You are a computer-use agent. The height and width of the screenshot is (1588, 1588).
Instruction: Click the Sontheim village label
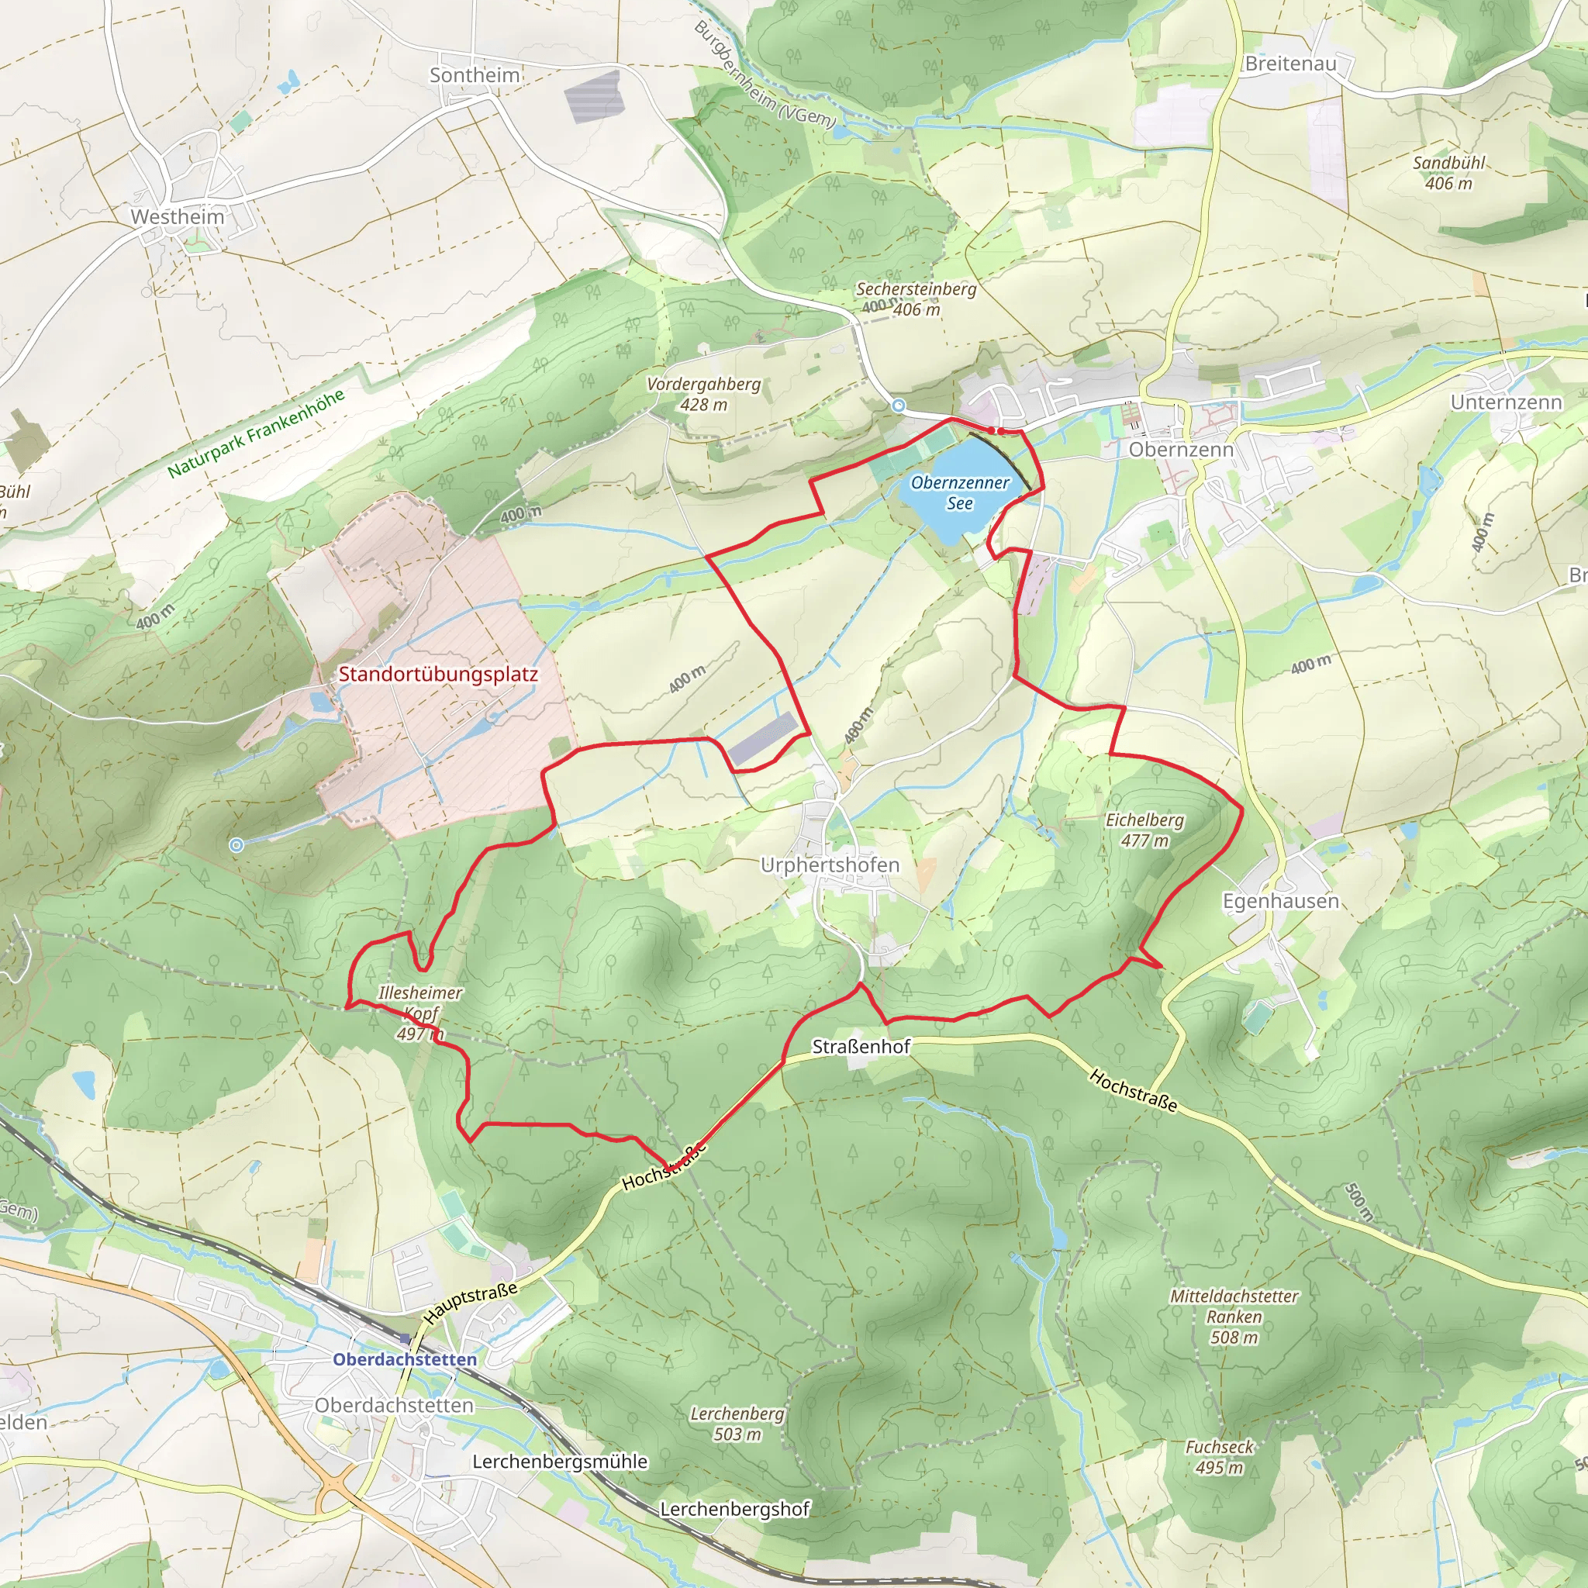[475, 76]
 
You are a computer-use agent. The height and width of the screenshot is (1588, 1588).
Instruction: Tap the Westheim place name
[178, 217]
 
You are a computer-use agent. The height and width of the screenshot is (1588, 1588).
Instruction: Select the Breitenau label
[1290, 64]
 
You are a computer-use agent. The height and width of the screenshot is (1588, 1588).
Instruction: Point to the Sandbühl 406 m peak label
[1448, 174]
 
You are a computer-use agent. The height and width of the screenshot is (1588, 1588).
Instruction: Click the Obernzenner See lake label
[960, 493]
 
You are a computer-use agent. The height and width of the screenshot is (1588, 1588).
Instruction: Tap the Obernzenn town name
[1181, 450]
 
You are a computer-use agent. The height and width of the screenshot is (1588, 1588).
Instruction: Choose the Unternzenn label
[1506, 402]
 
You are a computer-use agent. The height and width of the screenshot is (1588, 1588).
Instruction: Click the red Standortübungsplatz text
[438, 674]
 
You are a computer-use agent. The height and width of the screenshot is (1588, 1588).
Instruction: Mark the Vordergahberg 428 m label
[703, 394]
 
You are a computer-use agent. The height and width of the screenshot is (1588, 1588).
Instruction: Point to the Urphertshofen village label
[830, 865]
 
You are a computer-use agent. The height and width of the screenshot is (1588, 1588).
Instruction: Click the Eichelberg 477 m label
[1144, 830]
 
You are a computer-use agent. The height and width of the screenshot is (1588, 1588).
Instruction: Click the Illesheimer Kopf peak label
[420, 1003]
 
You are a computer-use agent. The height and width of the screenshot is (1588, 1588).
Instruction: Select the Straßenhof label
[861, 1046]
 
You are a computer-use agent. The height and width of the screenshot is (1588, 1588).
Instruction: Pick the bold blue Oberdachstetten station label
[405, 1359]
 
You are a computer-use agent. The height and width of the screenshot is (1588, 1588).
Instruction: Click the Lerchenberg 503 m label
[737, 1424]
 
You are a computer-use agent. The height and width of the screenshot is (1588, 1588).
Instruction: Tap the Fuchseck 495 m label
[1219, 1456]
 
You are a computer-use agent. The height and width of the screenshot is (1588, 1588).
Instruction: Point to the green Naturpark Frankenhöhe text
[256, 433]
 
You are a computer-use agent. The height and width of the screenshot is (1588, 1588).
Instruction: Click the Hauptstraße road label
[471, 1302]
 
